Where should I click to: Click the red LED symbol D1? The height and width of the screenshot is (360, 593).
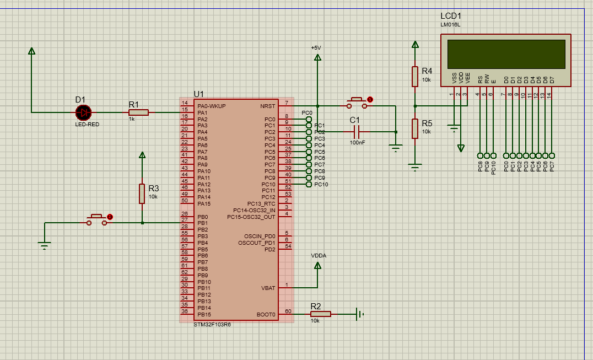point(83,112)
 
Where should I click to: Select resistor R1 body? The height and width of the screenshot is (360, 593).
point(138,112)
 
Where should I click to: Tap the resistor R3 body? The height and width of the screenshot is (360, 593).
point(142,194)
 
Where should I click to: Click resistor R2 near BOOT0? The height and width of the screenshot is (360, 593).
point(320,314)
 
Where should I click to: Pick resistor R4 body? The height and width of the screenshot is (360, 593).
point(415,77)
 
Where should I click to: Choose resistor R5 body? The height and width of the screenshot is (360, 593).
point(415,128)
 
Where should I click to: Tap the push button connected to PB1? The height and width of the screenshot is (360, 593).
point(98,219)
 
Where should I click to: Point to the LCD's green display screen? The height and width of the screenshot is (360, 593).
point(506,54)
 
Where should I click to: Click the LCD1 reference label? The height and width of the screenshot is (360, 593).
point(451,16)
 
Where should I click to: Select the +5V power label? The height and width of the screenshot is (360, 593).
point(316,48)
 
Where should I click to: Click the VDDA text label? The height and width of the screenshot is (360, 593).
point(318,256)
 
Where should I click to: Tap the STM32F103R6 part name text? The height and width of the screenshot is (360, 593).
point(212,325)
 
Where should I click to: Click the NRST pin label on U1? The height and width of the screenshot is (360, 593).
point(268,106)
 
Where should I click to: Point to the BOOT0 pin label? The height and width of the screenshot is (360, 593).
point(266,314)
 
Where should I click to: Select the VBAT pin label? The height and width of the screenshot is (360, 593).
point(268,288)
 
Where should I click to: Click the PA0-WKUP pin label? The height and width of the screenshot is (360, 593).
point(211,106)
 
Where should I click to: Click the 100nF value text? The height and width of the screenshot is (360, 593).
point(357,142)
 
